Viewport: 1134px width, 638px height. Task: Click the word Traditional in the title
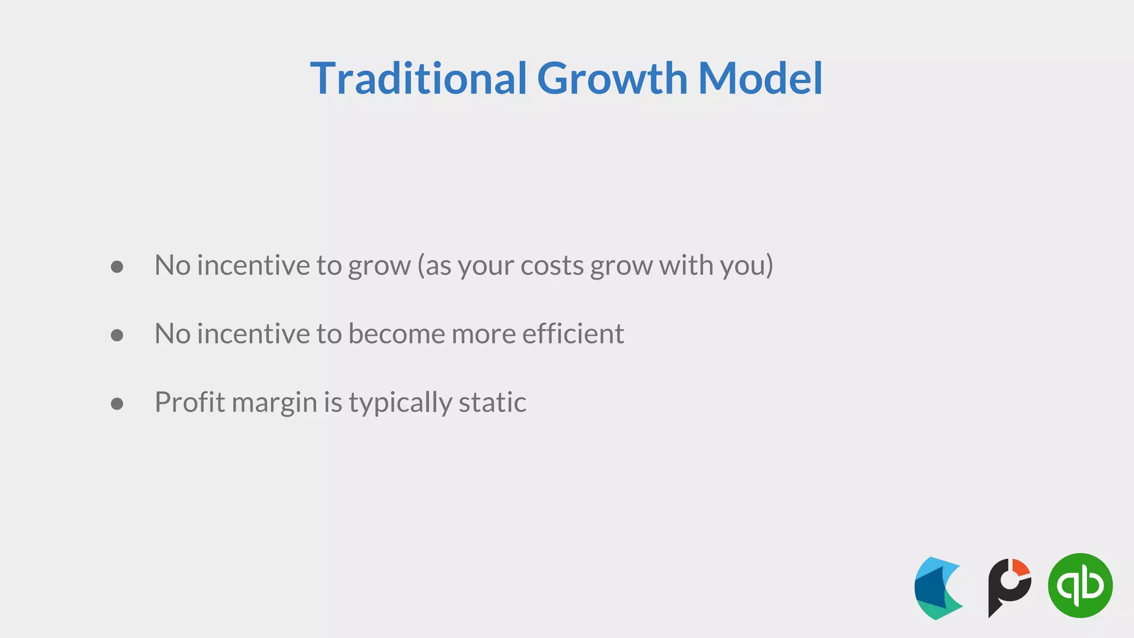tap(418, 79)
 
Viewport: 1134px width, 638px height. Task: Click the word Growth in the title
tap(612, 79)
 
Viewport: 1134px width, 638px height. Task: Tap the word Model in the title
tap(760, 79)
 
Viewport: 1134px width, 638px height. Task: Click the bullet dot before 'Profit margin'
tap(117, 404)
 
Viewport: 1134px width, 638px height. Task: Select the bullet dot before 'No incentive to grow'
tap(117, 267)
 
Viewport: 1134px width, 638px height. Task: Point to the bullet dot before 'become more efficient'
tap(117, 335)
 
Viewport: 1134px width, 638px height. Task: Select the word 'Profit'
tap(188, 403)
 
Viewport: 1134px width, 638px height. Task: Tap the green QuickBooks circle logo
tap(1080, 585)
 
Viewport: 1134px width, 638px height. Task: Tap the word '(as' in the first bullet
tap(435, 266)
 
